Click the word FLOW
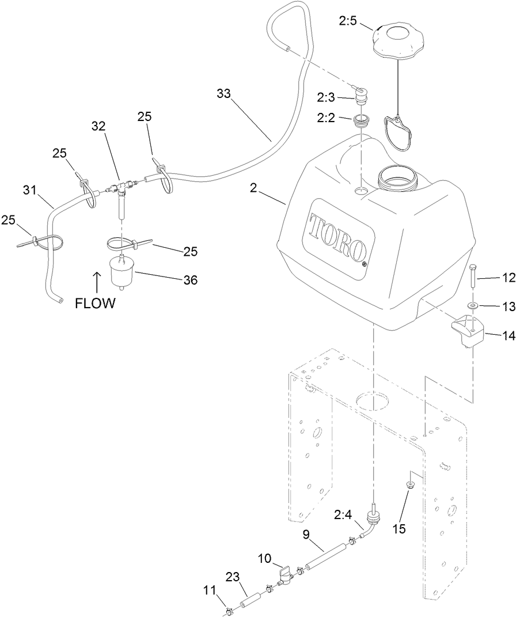(95, 304)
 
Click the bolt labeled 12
(472, 278)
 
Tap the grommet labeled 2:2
(362, 122)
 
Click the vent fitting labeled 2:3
(361, 96)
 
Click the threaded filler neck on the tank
(398, 176)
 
